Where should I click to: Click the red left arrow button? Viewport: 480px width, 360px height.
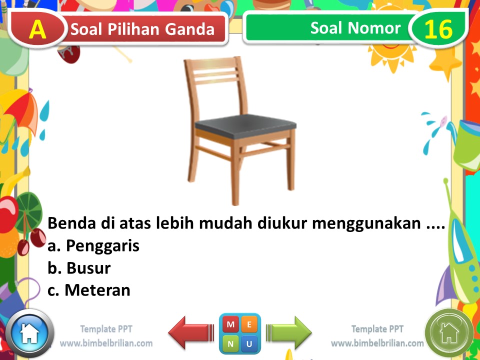(x=186, y=332)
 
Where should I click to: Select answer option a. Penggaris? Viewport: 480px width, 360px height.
(x=93, y=246)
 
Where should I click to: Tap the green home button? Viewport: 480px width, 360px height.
(x=449, y=332)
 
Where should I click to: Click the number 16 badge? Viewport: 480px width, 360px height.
(x=438, y=29)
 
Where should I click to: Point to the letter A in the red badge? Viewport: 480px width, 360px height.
(x=37, y=29)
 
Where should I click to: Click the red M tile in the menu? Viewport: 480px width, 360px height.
(x=230, y=324)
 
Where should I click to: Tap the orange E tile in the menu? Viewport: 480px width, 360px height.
(x=249, y=324)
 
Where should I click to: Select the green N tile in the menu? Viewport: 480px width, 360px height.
(x=230, y=344)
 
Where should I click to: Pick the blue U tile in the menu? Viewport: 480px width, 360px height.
(x=249, y=344)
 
